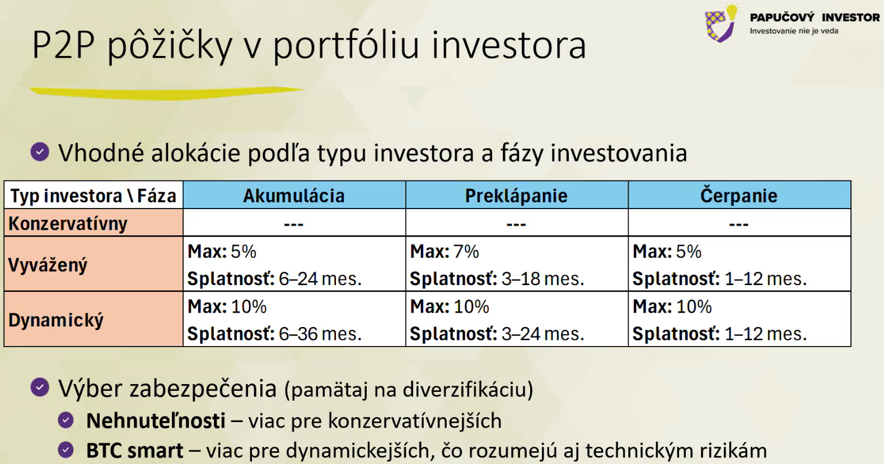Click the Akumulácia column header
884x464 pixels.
click(x=293, y=196)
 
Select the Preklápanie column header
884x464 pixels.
click(x=516, y=196)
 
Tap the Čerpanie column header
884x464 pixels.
click(x=739, y=195)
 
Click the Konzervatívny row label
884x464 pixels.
click(x=68, y=224)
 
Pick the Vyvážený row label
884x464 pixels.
click(x=48, y=264)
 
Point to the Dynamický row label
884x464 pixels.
click(x=55, y=320)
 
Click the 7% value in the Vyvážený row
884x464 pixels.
click(x=466, y=252)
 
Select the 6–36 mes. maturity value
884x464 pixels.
click(x=320, y=334)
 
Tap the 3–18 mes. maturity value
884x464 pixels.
click(x=542, y=279)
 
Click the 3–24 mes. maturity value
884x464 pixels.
click(x=542, y=334)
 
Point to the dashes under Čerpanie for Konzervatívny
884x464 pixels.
click(x=739, y=224)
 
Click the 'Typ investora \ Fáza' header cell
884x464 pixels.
click(x=93, y=196)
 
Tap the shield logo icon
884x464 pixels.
click(x=721, y=23)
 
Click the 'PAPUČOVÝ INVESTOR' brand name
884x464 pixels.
click(x=815, y=18)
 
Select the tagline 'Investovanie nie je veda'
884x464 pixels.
click(x=794, y=31)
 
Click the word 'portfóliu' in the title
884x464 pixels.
click(x=346, y=45)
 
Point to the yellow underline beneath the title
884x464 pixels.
click(x=166, y=93)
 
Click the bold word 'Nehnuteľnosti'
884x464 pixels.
click(x=156, y=420)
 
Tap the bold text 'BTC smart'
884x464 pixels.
click(x=134, y=451)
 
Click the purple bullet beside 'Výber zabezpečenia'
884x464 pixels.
click(x=40, y=387)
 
